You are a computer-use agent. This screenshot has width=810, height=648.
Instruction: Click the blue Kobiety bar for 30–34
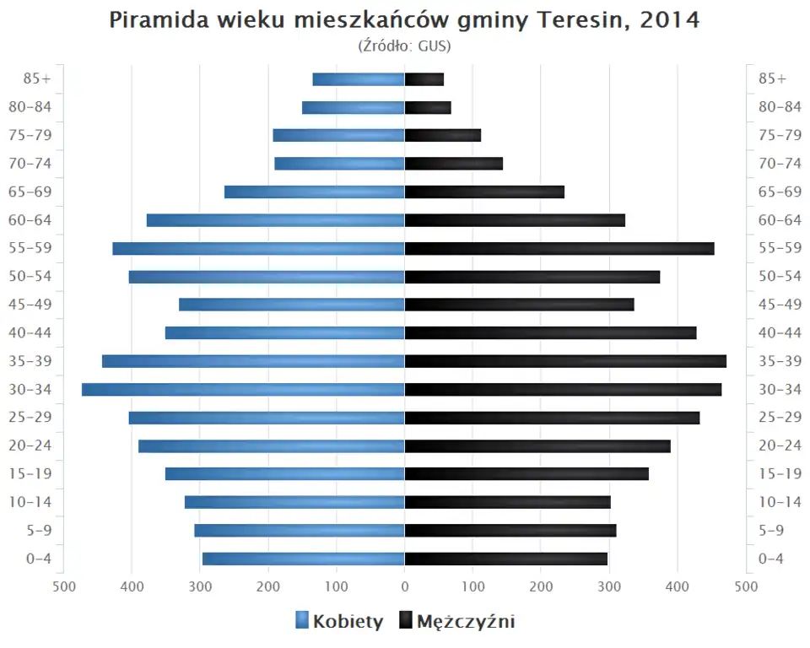243,389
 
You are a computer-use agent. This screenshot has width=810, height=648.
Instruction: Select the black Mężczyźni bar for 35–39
565,361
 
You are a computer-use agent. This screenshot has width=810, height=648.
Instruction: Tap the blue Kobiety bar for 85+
359,79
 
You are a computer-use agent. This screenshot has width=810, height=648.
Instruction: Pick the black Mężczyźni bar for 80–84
428,107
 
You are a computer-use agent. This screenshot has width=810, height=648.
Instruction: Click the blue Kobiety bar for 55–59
258,248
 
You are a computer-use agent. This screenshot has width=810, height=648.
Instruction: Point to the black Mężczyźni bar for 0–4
506,559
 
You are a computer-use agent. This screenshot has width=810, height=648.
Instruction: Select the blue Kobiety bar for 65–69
315,192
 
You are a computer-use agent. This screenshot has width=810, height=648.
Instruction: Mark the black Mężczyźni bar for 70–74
454,164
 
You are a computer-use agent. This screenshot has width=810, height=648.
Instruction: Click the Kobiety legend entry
339,622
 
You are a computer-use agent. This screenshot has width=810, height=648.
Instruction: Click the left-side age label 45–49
31,305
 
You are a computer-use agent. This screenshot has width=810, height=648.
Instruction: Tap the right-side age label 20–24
780,445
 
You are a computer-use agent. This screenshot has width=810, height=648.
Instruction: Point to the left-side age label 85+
37,78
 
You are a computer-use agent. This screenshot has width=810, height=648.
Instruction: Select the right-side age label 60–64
780,220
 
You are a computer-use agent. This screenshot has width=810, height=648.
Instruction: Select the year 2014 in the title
669,20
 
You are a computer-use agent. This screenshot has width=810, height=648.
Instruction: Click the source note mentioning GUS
405,46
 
